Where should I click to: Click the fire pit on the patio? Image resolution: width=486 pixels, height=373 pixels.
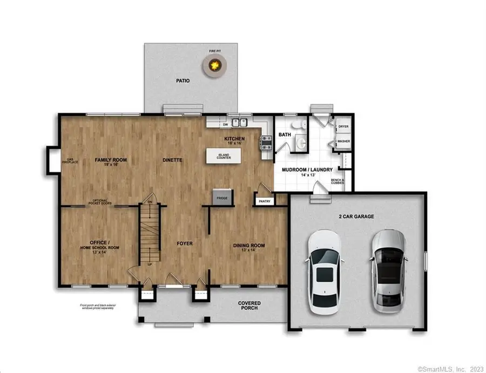point(215,66)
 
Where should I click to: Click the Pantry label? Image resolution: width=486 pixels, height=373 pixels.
point(265,201)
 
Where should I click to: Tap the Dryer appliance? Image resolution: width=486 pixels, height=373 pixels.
point(342,127)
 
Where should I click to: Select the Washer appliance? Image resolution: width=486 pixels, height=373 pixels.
point(342,141)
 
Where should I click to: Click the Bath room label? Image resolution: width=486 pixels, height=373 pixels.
point(285,134)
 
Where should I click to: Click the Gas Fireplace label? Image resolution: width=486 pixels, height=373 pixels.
point(69,160)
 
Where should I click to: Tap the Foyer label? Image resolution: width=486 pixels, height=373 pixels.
point(184,243)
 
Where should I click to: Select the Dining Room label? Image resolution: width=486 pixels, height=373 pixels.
point(249,247)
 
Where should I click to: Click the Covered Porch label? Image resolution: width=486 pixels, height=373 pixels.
point(249,306)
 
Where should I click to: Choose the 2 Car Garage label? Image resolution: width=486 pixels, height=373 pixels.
point(357,216)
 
